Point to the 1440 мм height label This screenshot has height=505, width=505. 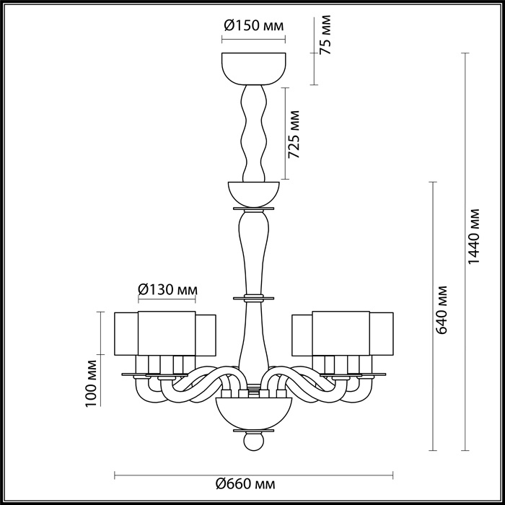474,238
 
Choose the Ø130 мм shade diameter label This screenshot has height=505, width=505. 167,289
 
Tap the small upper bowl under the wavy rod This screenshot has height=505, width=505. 252,193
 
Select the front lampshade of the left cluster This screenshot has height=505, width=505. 167,333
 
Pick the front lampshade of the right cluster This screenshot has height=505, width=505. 341,333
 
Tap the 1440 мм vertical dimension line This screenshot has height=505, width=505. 465,289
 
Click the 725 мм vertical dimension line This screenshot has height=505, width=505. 286,133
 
